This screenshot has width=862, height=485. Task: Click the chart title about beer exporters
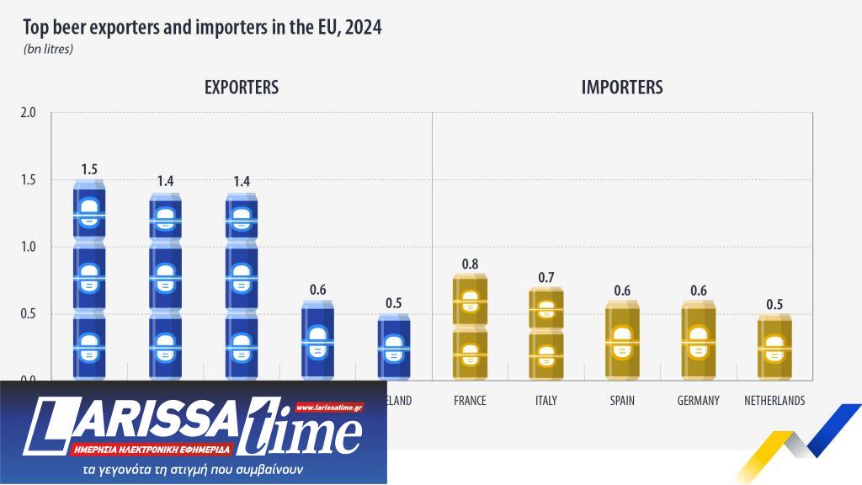point(203,28)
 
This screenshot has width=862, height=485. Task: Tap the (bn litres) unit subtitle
point(49,50)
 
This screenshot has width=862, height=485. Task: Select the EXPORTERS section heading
point(242,87)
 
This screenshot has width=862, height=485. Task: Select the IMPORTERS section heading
point(622,87)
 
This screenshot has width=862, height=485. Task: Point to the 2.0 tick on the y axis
point(29,113)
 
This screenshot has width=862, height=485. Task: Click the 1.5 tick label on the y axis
point(29,180)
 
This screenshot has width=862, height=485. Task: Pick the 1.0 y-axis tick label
point(29,248)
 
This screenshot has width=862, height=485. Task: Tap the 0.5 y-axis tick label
point(29,314)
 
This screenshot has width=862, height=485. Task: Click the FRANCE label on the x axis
point(470,401)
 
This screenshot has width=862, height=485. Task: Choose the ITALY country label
point(545,401)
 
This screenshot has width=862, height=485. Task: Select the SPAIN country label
point(622,401)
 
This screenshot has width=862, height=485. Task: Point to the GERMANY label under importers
point(698,401)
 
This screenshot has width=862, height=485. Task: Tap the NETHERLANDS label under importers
point(774,401)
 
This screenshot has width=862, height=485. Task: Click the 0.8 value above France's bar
point(470,264)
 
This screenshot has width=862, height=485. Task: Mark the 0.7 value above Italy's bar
point(545,278)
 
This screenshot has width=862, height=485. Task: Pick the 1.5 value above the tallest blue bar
point(89,169)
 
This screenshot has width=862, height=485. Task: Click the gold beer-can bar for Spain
point(622,341)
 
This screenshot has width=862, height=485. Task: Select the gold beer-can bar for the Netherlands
point(774,347)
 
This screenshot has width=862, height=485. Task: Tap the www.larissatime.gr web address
point(330,408)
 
